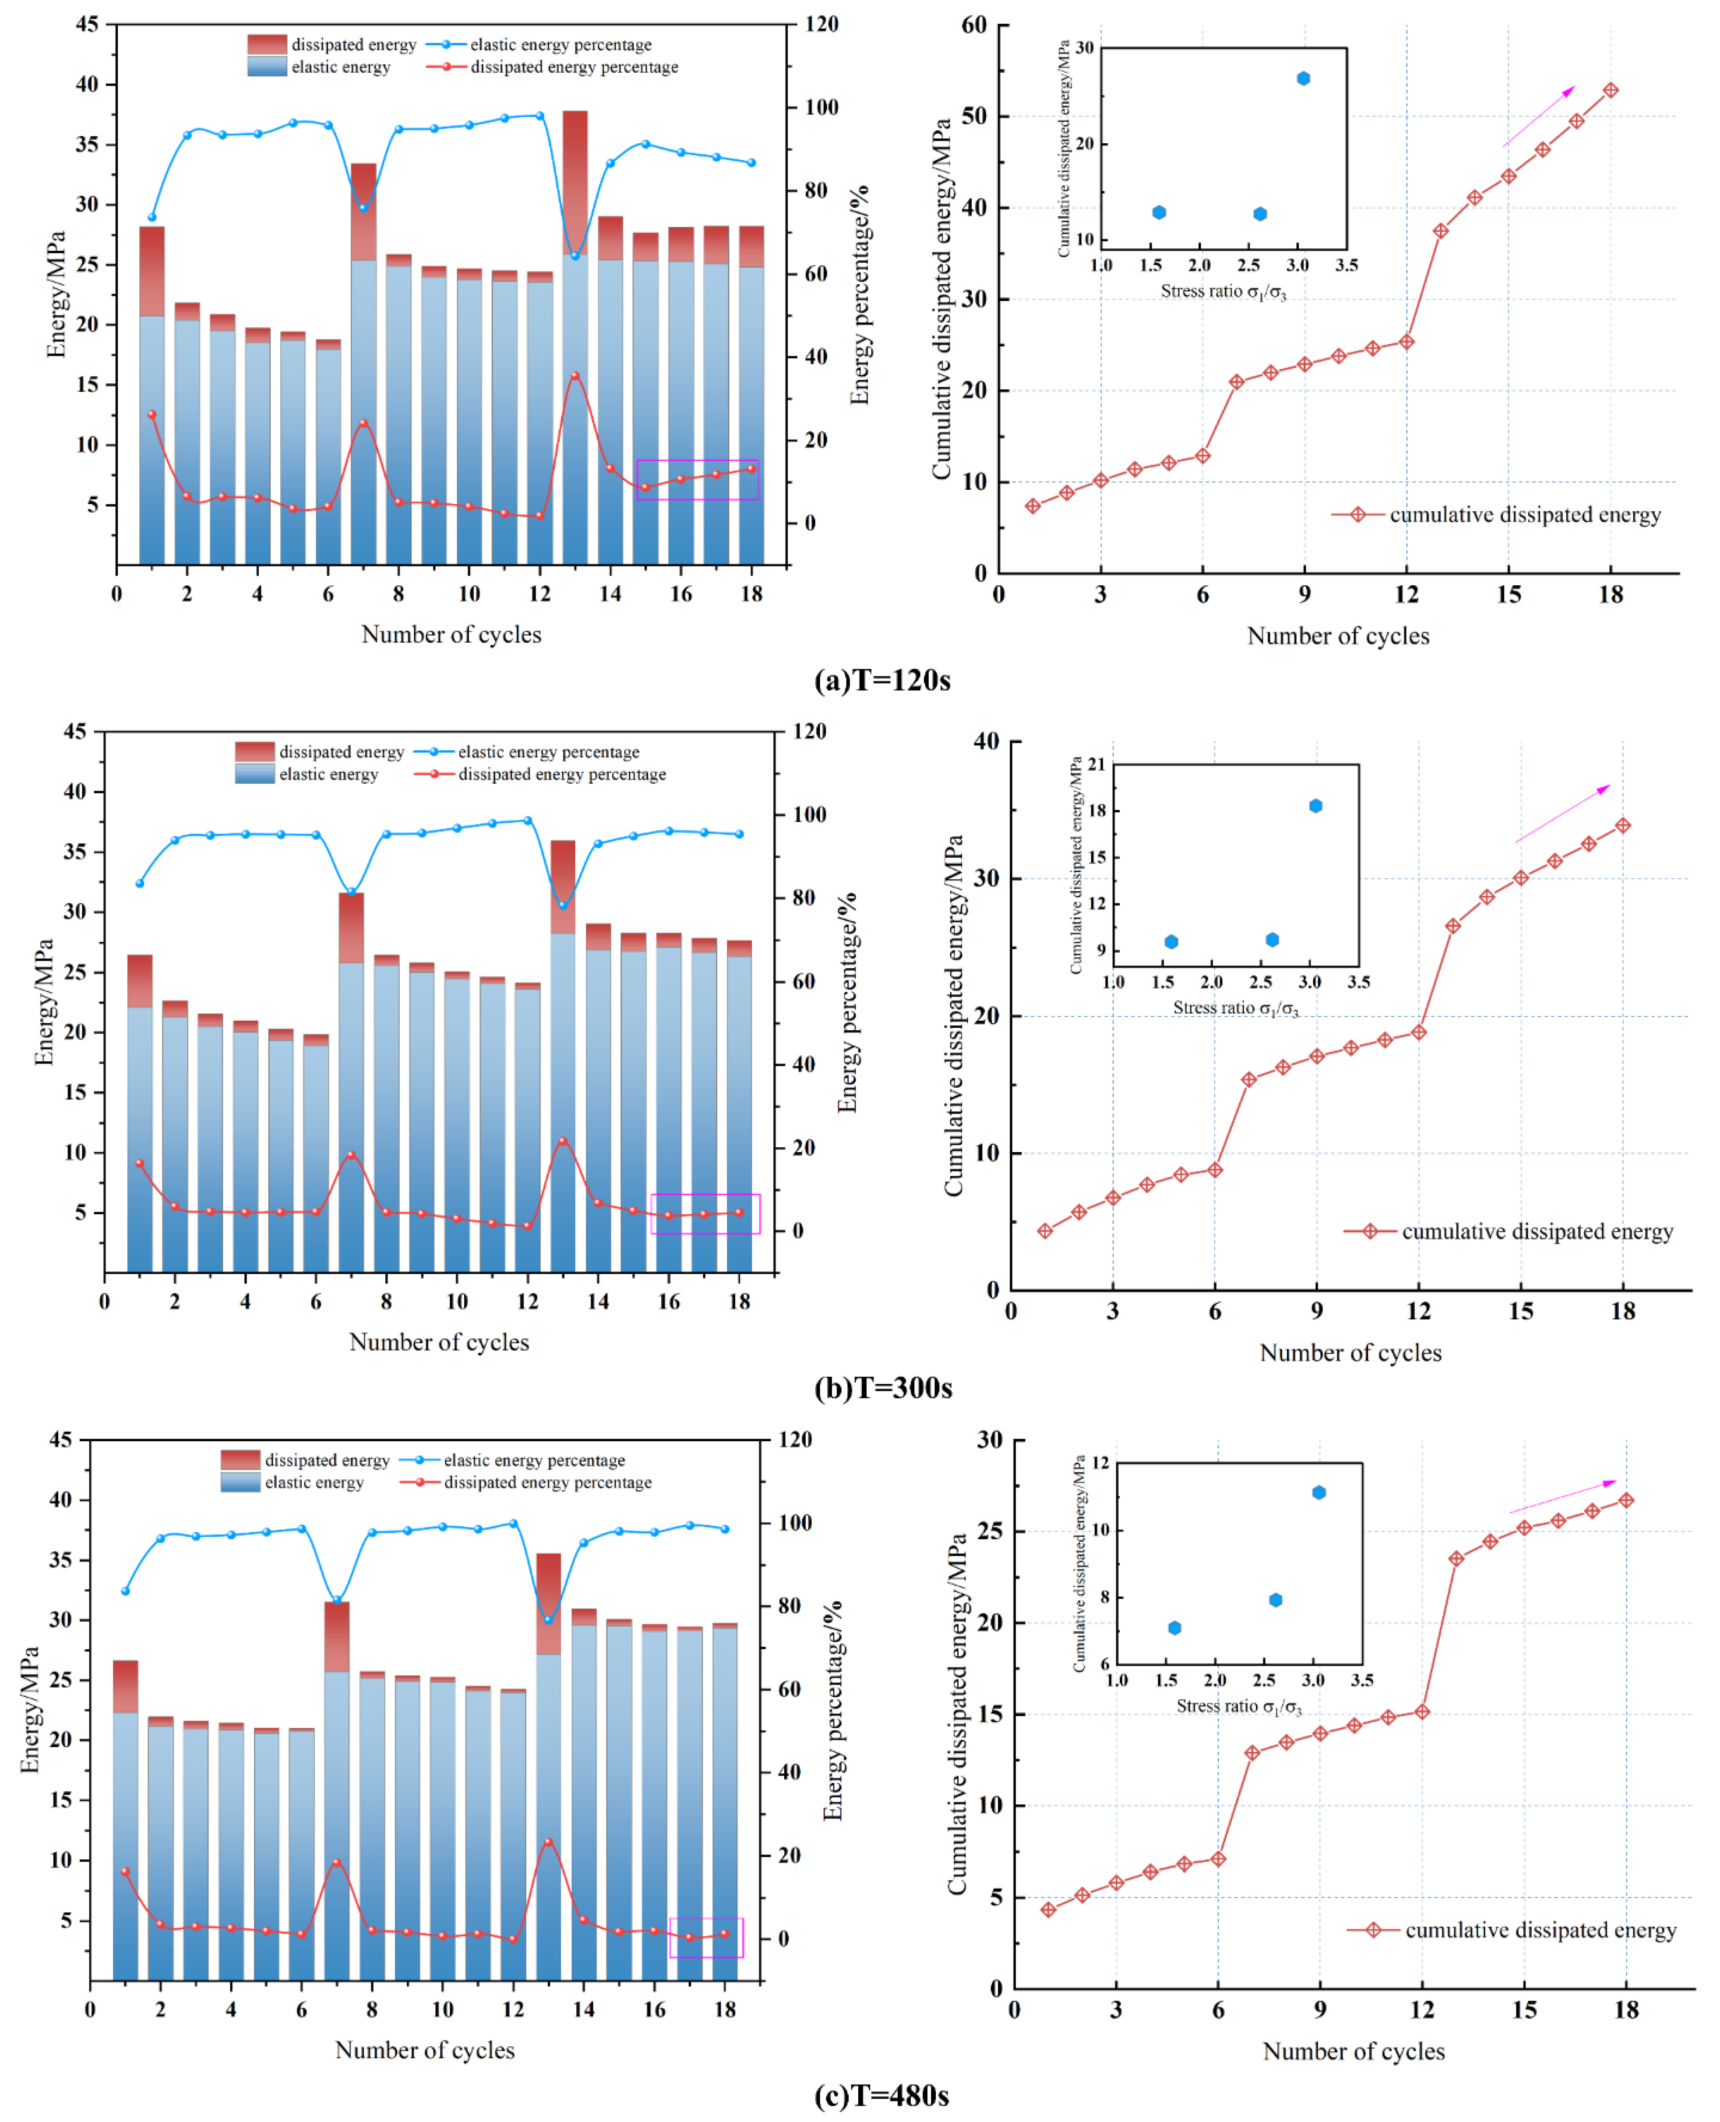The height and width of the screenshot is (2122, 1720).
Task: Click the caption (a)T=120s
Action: pyautogui.click(x=882, y=681)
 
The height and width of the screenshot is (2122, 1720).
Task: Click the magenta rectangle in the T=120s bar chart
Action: pyautogui.click(x=698, y=480)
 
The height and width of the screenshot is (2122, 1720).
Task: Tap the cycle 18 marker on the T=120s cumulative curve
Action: pyautogui.click(x=1611, y=90)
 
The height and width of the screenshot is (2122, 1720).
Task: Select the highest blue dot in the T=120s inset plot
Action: pyautogui.click(x=1304, y=78)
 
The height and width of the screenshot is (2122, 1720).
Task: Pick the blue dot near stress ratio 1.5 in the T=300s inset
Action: pyautogui.click(x=1171, y=941)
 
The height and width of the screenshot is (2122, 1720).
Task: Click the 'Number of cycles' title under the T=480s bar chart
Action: pyautogui.click(x=425, y=2050)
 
